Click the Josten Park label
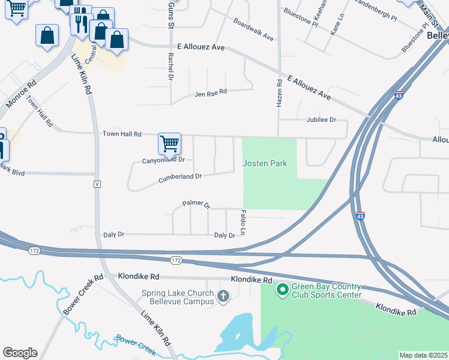click(x=265, y=163)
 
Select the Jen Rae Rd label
click(x=211, y=93)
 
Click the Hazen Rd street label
click(x=279, y=94)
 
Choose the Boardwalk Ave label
click(x=253, y=32)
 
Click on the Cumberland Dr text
click(x=179, y=177)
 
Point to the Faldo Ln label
click(x=243, y=221)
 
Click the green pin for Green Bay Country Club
click(x=282, y=290)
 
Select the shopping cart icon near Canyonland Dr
click(x=170, y=143)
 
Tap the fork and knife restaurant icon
click(x=80, y=23)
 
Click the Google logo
click(x=20, y=353)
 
